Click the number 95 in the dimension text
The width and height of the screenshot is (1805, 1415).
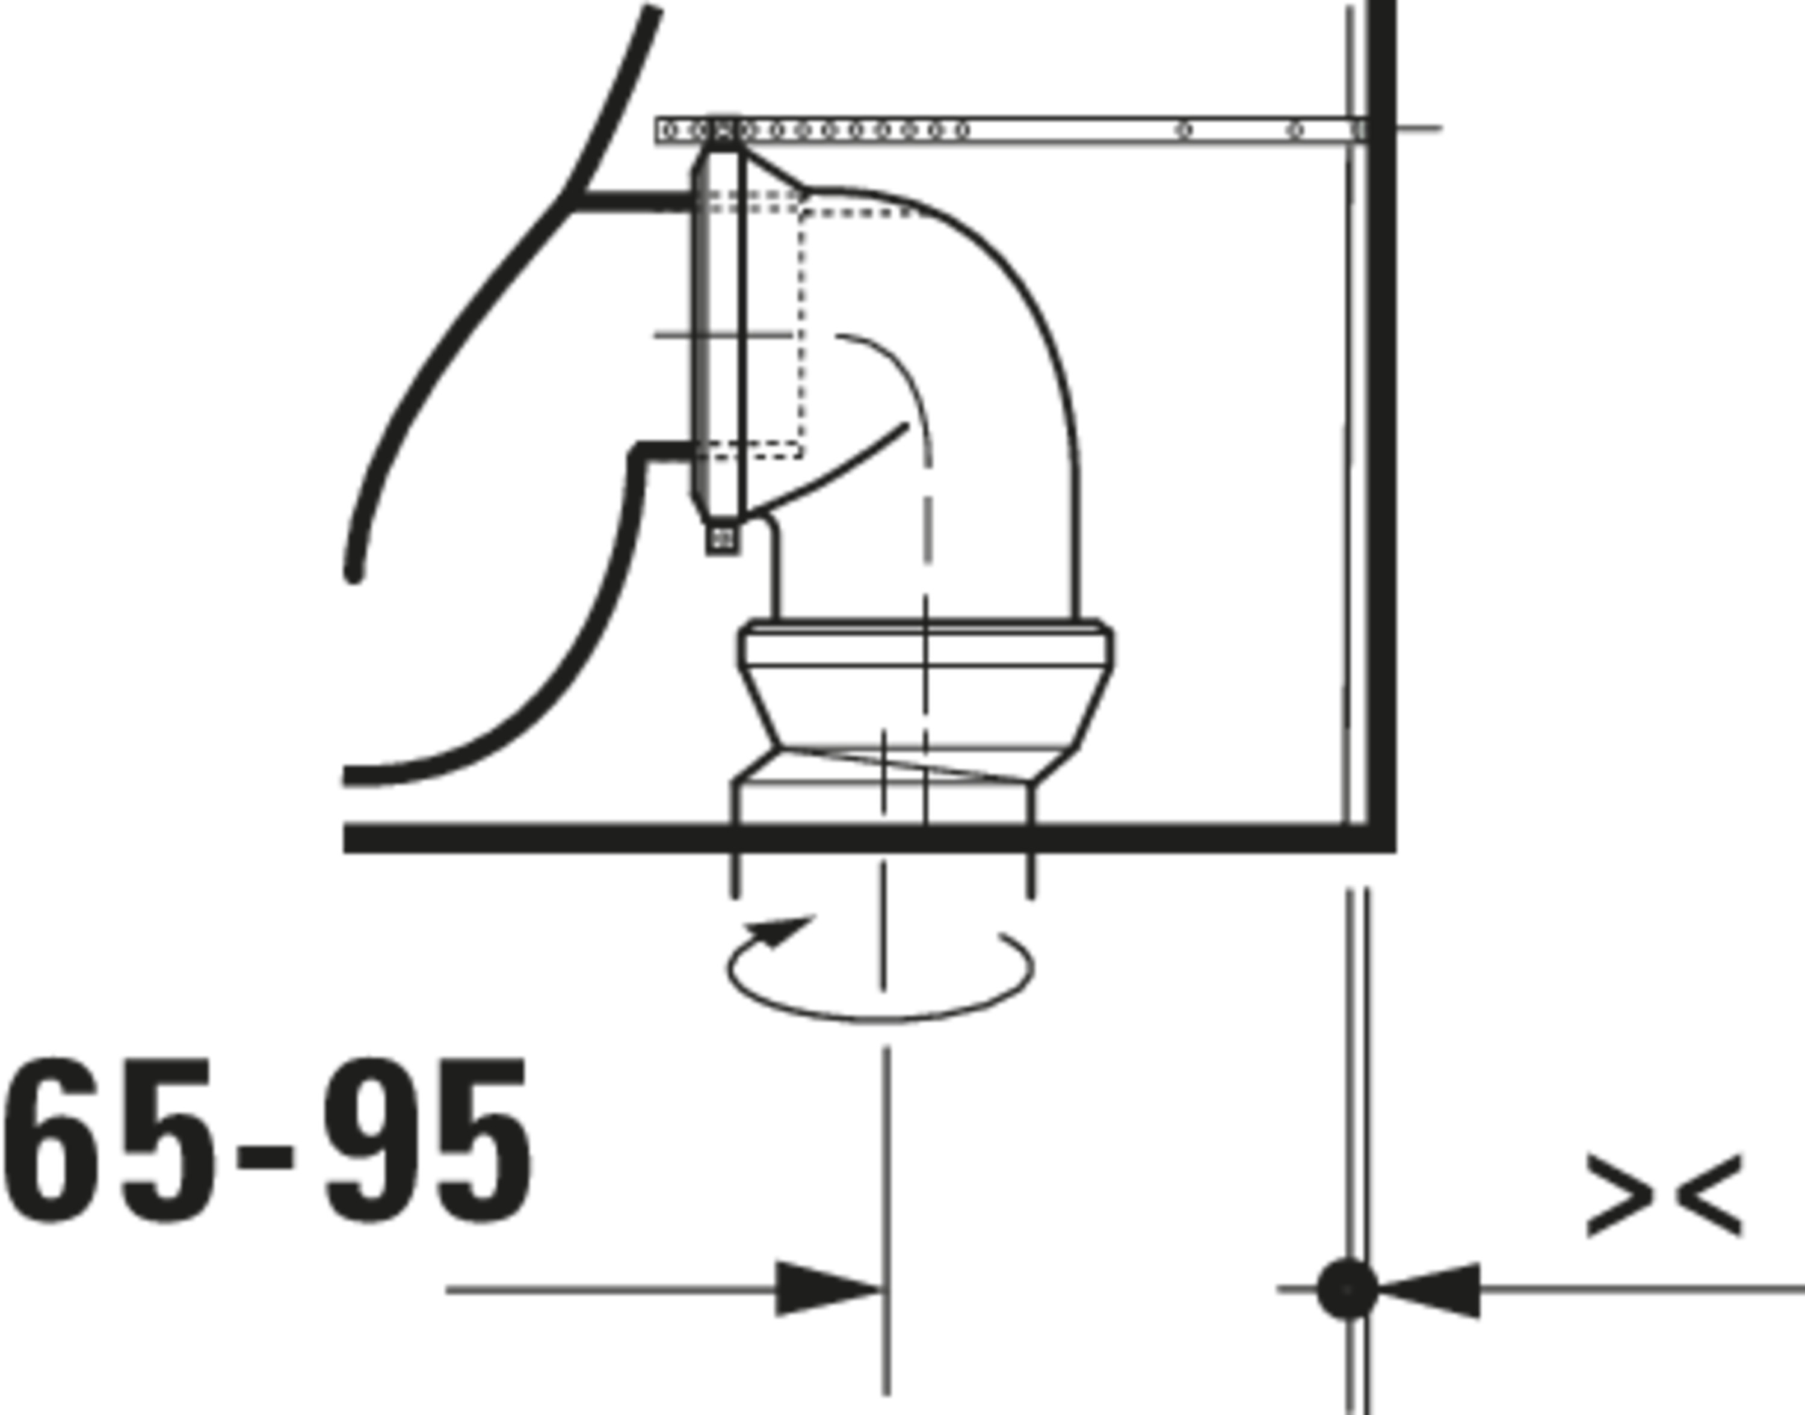click(427, 1140)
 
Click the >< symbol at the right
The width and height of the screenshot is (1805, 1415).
click(1664, 1194)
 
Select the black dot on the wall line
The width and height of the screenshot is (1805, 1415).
click(1348, 1289)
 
